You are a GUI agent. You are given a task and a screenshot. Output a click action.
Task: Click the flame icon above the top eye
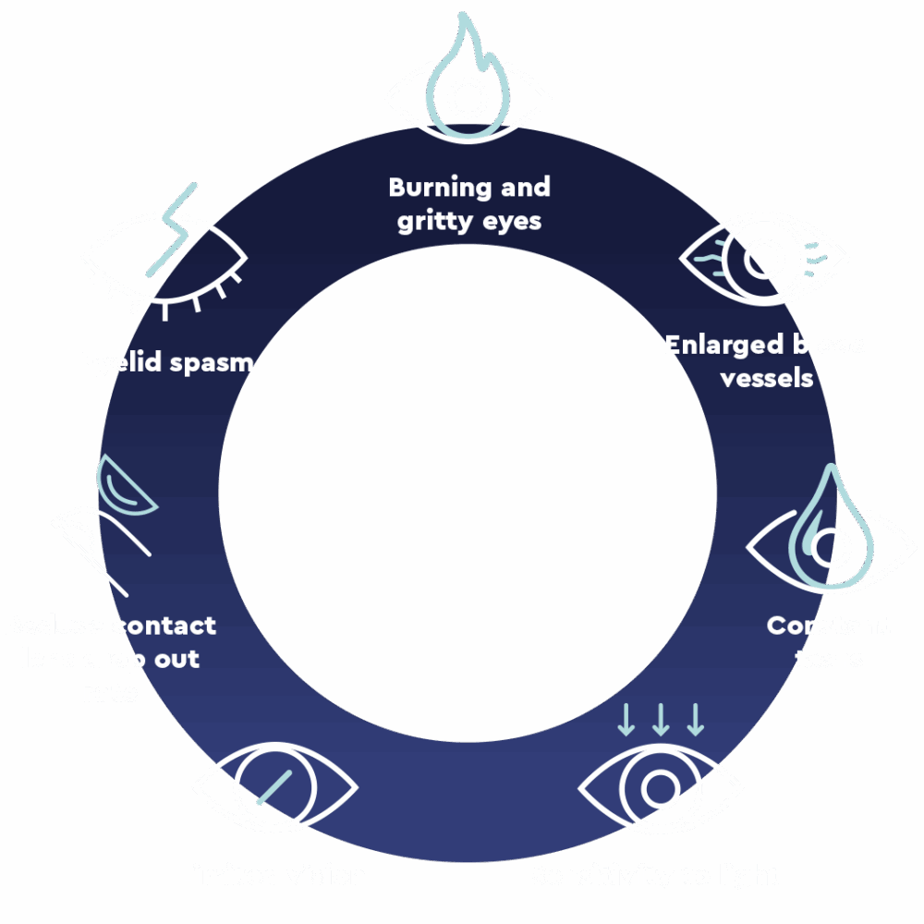click(x=468, y=55)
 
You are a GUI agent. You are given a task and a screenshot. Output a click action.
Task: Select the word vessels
click(x=766, y=379)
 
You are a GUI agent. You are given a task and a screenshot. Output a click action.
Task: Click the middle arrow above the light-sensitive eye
click(x=661, y=720)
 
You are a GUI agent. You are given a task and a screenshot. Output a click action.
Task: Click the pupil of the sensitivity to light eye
click(x=660, y=788)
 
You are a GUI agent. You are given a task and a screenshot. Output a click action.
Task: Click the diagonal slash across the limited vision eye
click(x=274, y=786)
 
